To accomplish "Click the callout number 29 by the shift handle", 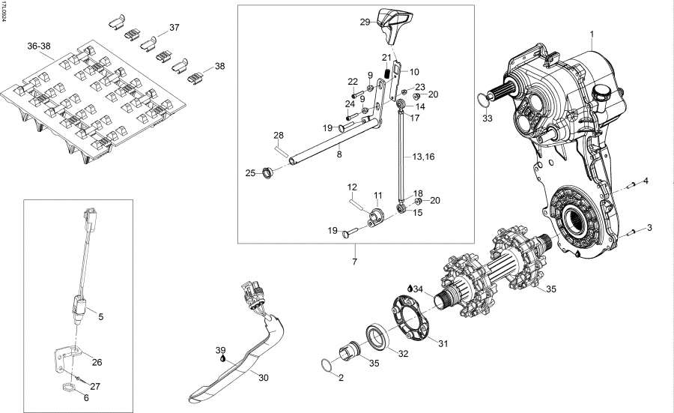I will (365, 22).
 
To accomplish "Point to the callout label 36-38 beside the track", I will (39, 46).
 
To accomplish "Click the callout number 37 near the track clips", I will (174, 28).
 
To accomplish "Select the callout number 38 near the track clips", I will (219, 66).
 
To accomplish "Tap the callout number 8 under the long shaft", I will (339, 154).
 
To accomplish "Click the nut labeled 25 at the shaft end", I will (265, 175).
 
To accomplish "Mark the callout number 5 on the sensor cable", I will (100, 317).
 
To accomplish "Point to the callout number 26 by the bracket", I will (97, 362).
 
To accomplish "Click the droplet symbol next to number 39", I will (223, 358).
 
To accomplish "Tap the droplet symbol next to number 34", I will (410, 288).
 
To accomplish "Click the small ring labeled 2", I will (324, 366).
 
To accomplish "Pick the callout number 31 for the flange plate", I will (443, 344).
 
